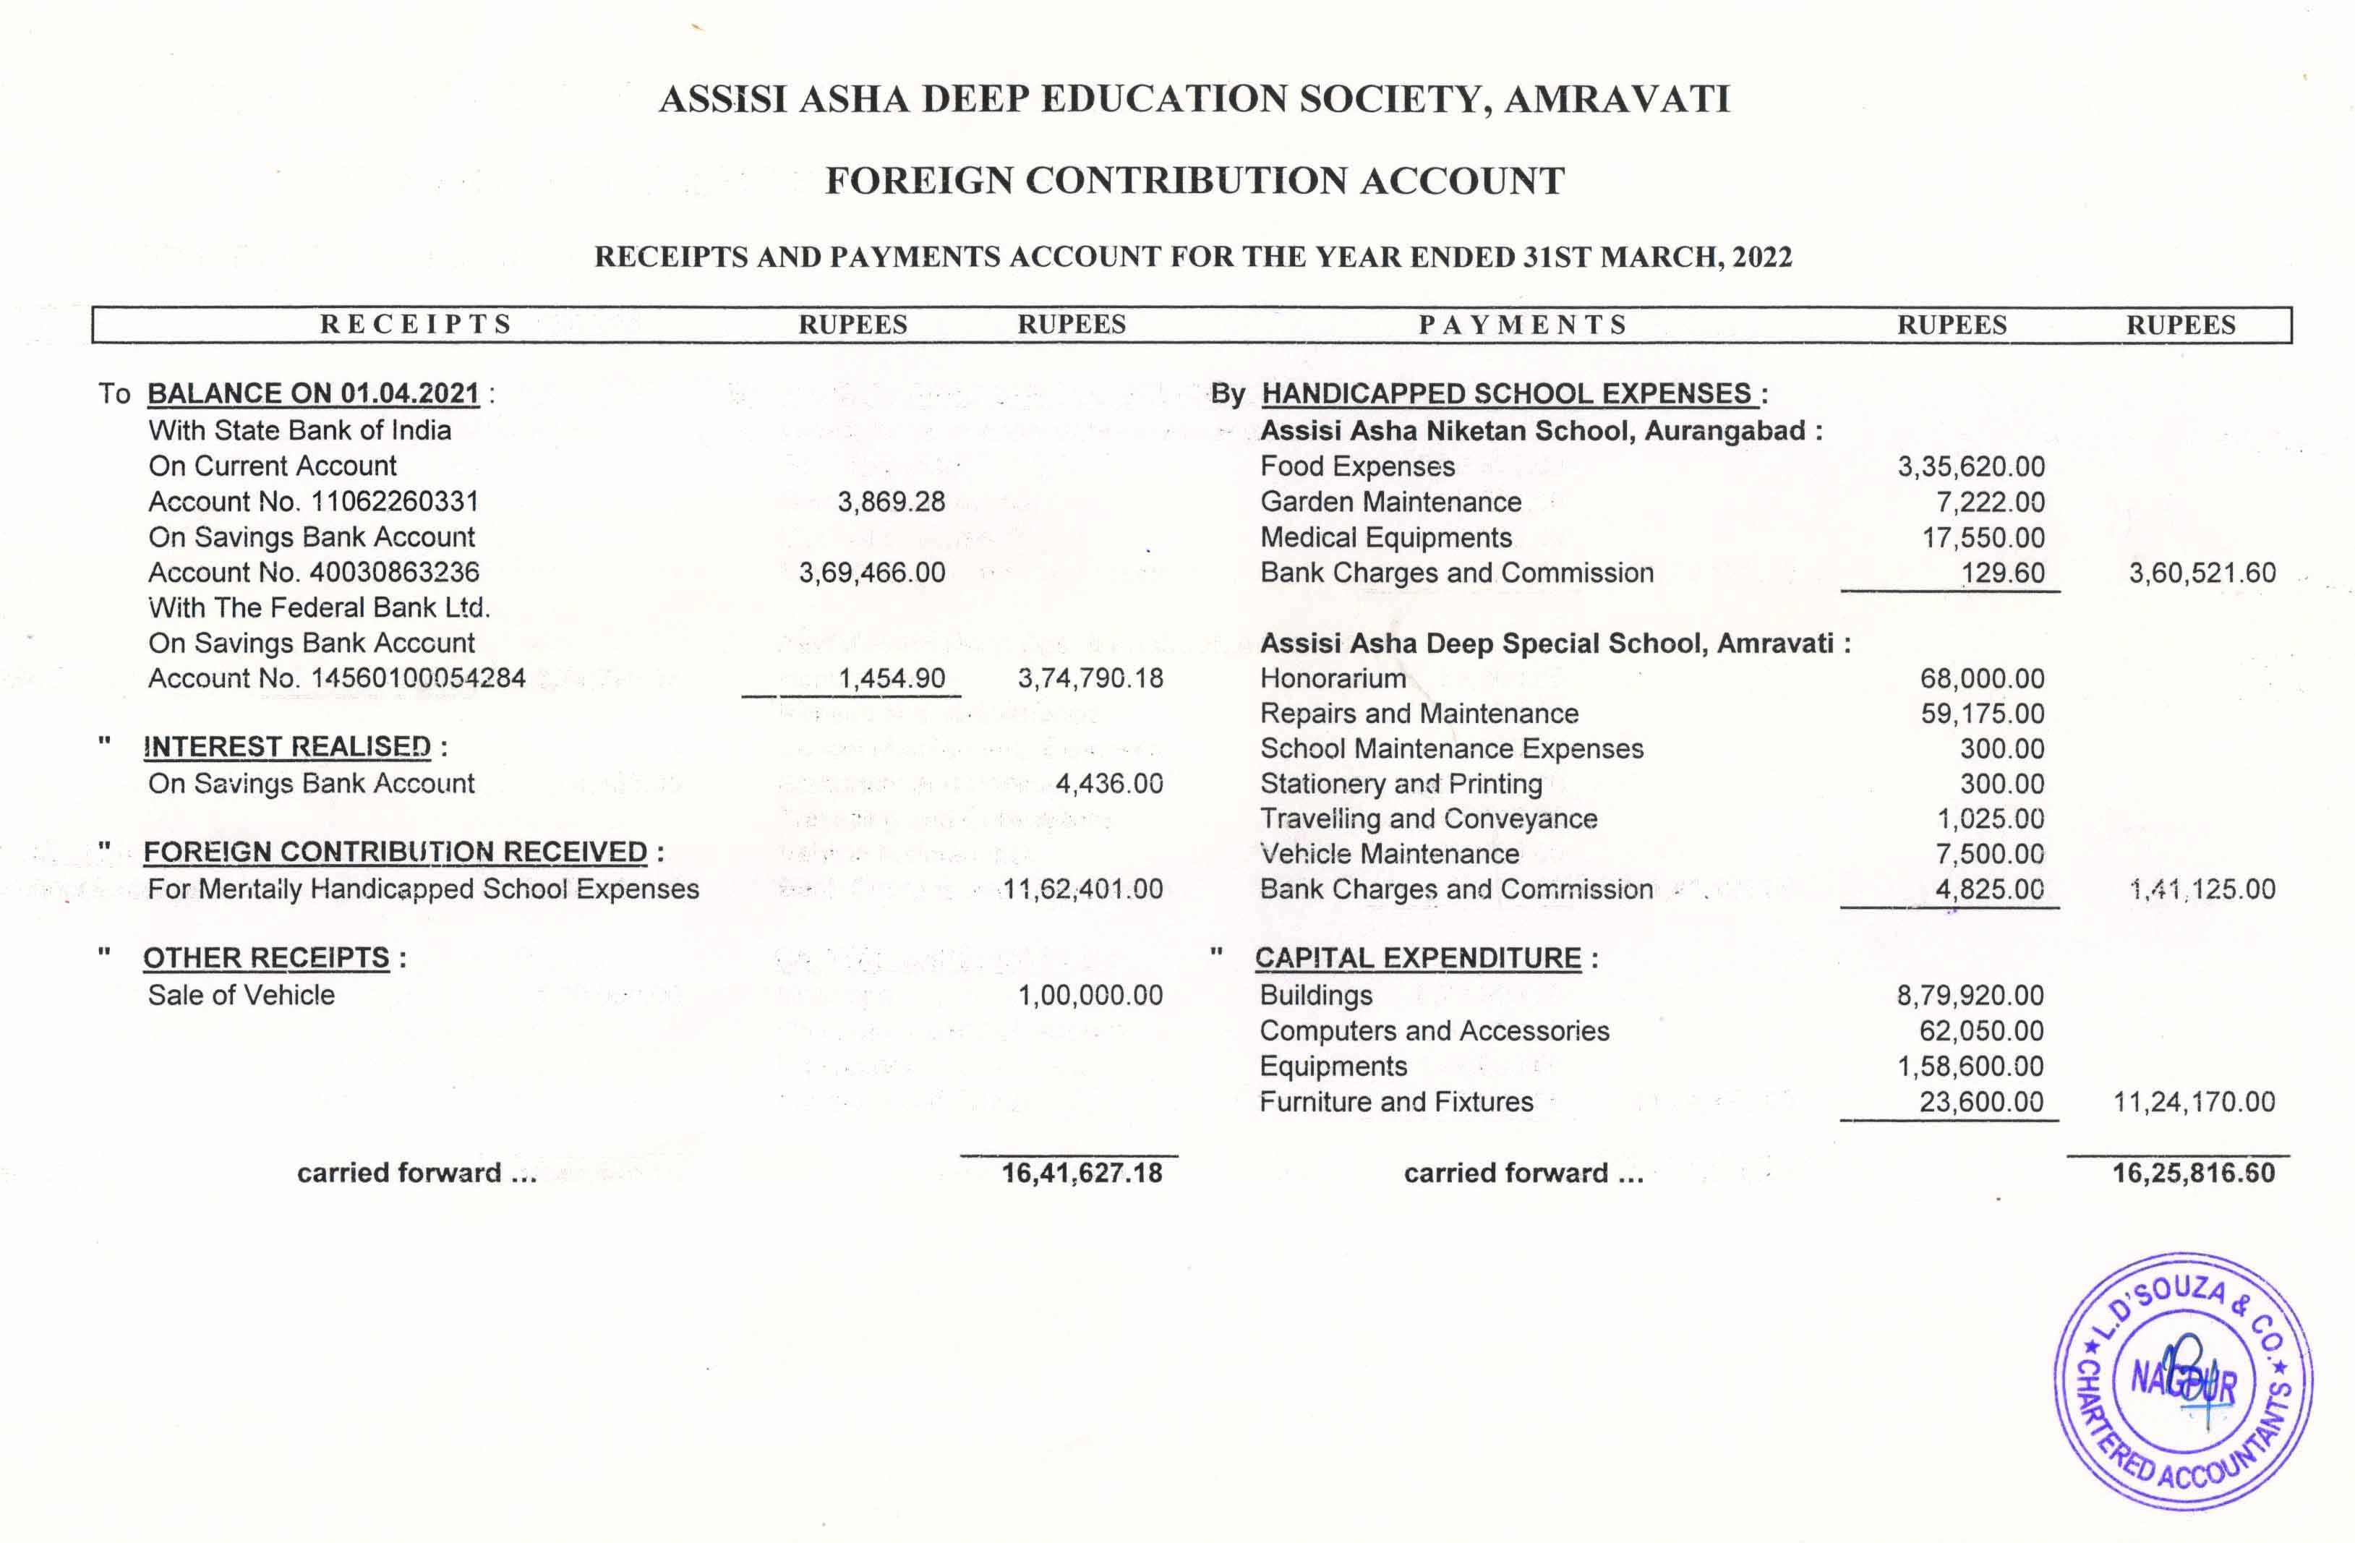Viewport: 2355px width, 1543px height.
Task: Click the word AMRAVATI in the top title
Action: (1617, 99)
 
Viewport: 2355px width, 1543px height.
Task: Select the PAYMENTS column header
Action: (1522, 325)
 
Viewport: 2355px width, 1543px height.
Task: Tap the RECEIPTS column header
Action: (416, 325)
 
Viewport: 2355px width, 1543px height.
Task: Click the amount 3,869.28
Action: (891, 502)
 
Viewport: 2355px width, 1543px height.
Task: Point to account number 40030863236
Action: (395, 572)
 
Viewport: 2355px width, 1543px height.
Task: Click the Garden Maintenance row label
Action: (1390, 502)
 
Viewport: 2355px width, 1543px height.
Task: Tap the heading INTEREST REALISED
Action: (287, 746)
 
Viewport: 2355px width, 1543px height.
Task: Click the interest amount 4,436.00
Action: (1108, 784)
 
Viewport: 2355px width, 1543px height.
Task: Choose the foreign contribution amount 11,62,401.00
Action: (1082, 889)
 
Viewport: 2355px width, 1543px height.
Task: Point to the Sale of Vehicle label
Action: (242, 995)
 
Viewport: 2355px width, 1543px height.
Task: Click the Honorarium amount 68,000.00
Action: (1982, 679)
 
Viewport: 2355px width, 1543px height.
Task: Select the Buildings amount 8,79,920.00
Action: (1969, 995)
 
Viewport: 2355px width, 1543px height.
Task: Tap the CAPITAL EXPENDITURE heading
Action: (1418, 958)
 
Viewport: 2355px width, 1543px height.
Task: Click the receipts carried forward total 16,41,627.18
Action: (1082, 1173)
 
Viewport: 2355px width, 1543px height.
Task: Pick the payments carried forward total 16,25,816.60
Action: (2193, 1173)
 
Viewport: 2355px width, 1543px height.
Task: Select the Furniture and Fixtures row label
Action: (1396, 1102)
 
